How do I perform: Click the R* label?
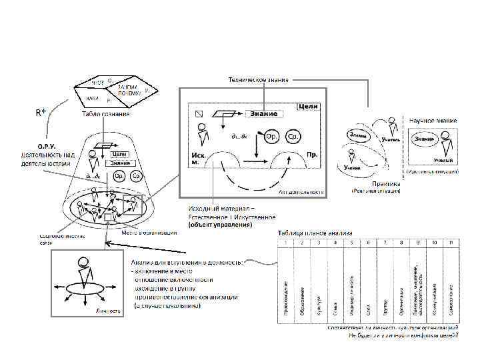click(x=40, y=112)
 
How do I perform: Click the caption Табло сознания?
click(x=106, y=114)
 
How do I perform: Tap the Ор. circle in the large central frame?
click(x=271, y=136)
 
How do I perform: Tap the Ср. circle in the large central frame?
click(x=292, y=136)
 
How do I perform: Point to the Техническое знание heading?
click(x=259, y=80)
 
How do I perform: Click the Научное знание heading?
click(x=433, y=120)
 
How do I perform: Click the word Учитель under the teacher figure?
click(x=392, y=141)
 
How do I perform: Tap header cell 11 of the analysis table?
click(x=451, y=243)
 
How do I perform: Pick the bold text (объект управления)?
click(x=219, y=225)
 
